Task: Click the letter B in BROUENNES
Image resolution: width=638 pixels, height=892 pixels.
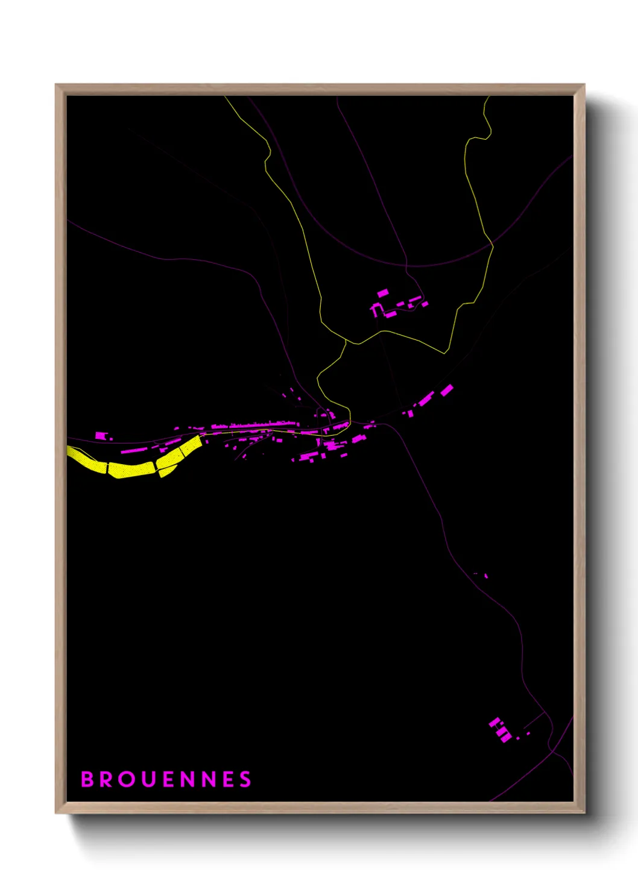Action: [87, 779]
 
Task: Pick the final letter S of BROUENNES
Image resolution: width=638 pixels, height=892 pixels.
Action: [245, 779]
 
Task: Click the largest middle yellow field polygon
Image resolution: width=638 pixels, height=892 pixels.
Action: [131, 469]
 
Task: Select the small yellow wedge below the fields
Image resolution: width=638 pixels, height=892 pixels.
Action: [166, 471]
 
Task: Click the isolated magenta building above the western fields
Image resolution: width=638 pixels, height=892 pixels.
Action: [101, 435]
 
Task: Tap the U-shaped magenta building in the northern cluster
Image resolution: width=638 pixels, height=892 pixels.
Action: [376, 309]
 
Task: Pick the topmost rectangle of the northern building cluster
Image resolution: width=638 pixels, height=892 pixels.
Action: [383, 293]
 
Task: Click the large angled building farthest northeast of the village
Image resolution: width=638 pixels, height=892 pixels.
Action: [446, 391]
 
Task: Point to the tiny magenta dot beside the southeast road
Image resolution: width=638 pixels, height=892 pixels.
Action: [486, 576]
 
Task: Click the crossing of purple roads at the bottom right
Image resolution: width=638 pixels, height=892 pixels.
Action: [550, 749]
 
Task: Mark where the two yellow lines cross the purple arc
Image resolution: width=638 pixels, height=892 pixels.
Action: [492, 245]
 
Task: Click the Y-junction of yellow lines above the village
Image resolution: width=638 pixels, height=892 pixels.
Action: [346, 341]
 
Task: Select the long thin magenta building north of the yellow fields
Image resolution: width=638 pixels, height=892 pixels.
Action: [134, 450]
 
